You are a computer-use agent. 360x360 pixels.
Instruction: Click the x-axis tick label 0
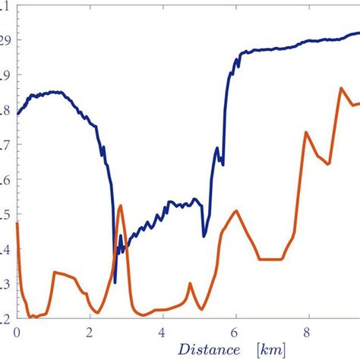[16, 333]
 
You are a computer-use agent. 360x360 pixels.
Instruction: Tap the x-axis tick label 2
[90, 333]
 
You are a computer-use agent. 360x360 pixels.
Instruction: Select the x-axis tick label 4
[163, 333]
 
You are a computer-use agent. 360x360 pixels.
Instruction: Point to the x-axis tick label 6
[235, 333]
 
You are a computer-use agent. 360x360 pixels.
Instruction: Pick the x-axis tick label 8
[309, 333]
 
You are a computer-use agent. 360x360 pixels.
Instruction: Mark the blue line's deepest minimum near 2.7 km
[115, 283]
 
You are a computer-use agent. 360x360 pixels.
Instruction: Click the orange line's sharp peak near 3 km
[121, 205]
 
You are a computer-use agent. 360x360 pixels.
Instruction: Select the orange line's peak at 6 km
[237, 211]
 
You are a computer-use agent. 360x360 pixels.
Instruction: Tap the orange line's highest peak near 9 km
[341, 88]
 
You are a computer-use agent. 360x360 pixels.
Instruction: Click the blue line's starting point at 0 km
[17, 114]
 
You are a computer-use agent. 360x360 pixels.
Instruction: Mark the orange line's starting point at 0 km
[17, 223]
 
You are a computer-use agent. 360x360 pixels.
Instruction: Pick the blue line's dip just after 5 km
[204, 236]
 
